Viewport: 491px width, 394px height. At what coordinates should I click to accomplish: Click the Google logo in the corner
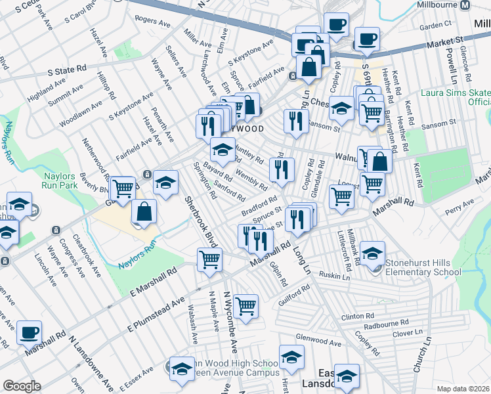point(22,386)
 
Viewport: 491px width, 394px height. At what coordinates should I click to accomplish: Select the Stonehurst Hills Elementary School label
point(423,267)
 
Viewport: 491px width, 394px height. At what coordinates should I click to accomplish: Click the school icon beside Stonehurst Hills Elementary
point(372,254)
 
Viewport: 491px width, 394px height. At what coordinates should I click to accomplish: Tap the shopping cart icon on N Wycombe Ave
point(245,305)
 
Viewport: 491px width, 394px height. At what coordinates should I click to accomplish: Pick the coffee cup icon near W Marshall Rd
point(28,333)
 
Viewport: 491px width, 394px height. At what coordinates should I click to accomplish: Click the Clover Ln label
point(406,334)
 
